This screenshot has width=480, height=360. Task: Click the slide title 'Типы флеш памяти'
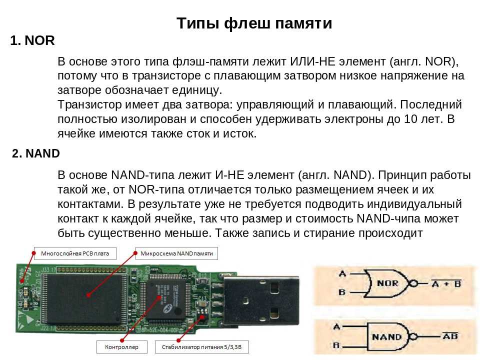(x=254, y=23)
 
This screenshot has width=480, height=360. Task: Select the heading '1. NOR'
(x=32, y=40)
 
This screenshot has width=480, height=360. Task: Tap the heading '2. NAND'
(x=36, y=153)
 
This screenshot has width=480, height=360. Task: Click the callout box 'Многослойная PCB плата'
(x=75, y=253)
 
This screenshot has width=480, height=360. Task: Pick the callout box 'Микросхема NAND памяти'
(x=176, y=253)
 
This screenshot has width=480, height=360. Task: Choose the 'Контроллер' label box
(x=122, y=347)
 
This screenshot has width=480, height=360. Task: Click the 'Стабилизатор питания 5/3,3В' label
(x=201, y=347)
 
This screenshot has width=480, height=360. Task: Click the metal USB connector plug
(x=260, y=300)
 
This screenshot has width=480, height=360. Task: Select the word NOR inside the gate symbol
(x=387, y=283)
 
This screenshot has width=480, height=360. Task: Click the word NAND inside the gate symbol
(x=386, y=337)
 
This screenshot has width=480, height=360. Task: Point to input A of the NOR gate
(x=342, y=273)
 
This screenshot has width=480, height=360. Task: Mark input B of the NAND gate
(x=336, y=345)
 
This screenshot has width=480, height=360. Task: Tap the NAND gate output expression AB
(x=450, y=336)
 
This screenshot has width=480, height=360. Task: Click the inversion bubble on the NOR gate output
(x=413, y=283)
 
